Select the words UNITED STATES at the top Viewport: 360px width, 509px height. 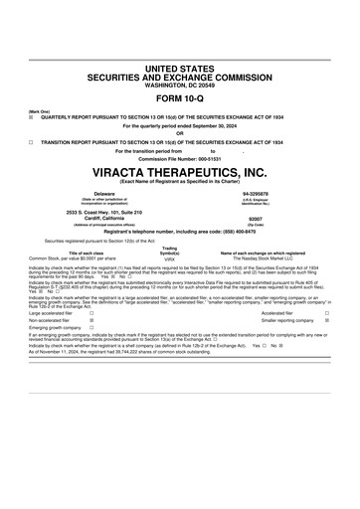coord(180,67)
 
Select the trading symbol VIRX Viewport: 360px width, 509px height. coord(169,257)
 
